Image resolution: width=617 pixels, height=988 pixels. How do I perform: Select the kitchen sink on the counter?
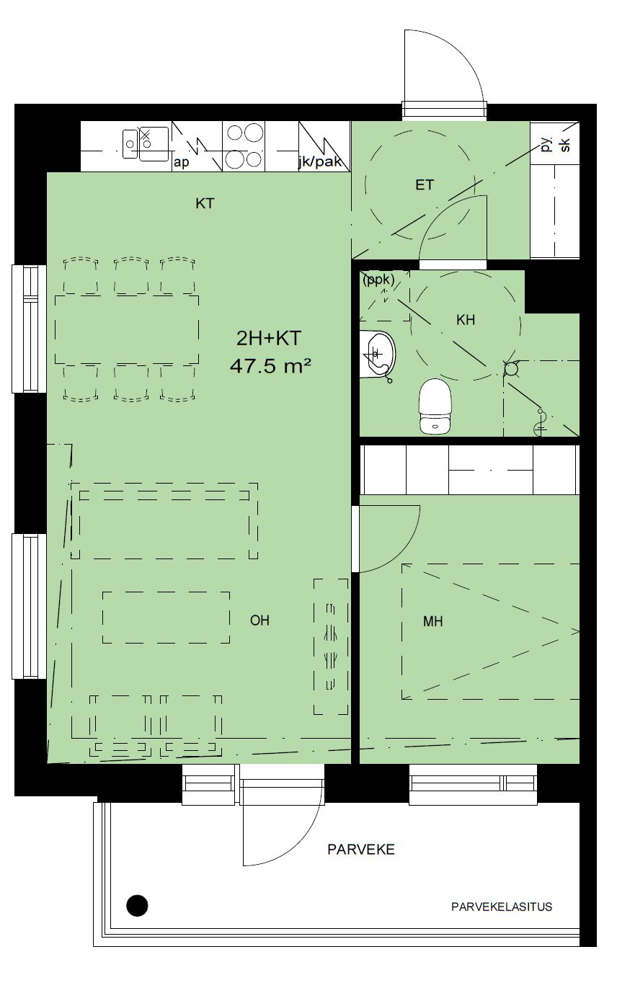(146, 144)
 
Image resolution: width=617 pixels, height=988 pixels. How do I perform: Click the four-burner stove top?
(243, 146)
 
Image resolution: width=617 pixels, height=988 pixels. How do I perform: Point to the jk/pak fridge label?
(320, 162)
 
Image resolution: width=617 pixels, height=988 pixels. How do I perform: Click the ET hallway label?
(425, 184)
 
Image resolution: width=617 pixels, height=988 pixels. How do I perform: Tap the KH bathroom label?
(466, 320)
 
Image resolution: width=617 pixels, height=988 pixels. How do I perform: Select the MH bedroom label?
(432, 621)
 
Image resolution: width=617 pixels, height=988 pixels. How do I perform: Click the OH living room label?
(259, 620)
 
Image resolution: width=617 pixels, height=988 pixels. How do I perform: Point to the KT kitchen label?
(205, 203)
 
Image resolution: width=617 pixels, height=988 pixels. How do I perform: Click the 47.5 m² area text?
(270, 366)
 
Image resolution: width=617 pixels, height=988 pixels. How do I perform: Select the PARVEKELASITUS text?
(502, 916)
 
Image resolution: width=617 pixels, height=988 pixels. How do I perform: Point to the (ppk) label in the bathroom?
(378, 280)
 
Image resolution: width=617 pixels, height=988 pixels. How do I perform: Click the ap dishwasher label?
(181, 162)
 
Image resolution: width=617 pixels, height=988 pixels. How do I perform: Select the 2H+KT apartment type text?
(269, 338)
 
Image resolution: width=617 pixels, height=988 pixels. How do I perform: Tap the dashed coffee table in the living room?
(167, 617)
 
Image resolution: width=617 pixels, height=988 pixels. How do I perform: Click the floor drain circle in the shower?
(511, 368)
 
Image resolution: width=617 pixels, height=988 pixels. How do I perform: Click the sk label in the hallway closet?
(565, 145)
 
